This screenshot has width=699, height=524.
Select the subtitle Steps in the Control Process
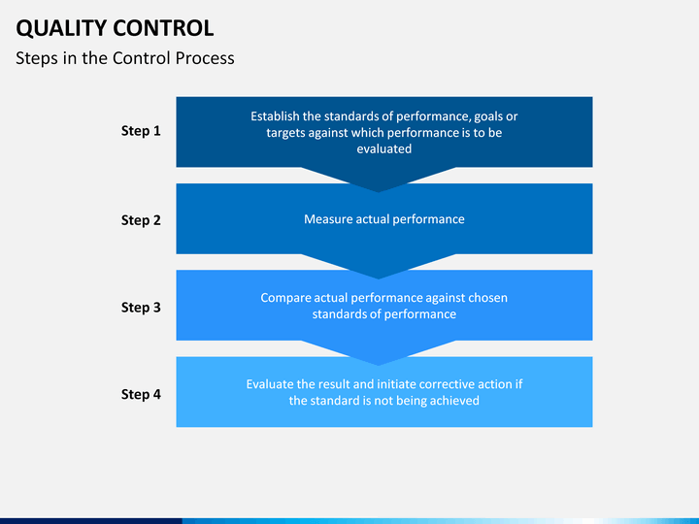(x=125, y=58)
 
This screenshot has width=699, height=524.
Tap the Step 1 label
(x=141, y=131)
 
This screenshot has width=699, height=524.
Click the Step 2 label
(x=141, y=220)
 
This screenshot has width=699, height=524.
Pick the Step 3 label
(x=141, y=308)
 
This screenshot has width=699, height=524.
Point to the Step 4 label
(x=141, y=395)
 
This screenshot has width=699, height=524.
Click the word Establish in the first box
(x=276, y=116)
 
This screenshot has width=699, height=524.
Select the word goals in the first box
(x=491, y=116)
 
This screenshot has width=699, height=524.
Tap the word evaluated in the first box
(x=384, y=149)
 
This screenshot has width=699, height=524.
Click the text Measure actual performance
(x=384, y=219)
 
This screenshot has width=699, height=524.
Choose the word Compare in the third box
(x=287, y=298)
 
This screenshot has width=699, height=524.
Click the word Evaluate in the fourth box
(x=273, y=384)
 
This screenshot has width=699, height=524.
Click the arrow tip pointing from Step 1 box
(x=379, y=187)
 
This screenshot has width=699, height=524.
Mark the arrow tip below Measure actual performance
(x=379, y=275)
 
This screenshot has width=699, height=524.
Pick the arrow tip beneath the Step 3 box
(x=379, y=361)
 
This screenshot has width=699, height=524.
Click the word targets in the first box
(x=287, y=133)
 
